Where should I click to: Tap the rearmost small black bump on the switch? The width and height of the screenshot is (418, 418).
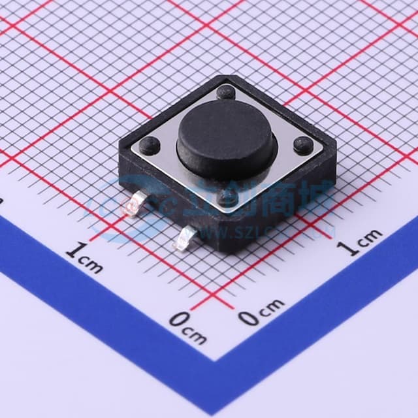tap(226, 91)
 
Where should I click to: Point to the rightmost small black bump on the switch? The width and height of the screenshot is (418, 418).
tap(302, 145)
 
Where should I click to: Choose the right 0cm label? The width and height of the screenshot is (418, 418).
tap(261, 312)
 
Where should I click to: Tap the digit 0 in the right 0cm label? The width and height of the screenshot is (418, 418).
tap(248, 317)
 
